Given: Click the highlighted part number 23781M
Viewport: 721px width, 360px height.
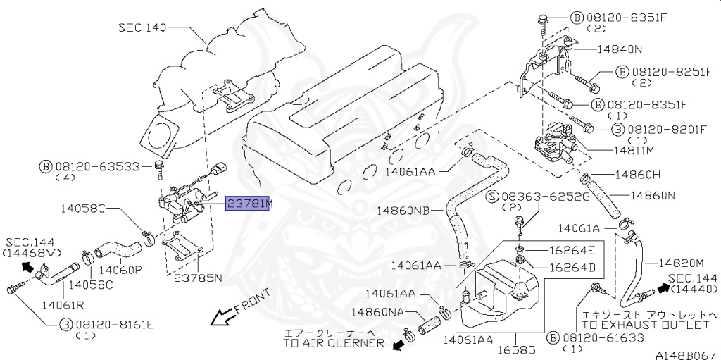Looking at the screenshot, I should [x=249, y=204].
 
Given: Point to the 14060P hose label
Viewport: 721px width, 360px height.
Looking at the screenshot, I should [x=120, y=269].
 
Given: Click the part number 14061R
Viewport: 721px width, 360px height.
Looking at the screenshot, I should [x=63, y=304].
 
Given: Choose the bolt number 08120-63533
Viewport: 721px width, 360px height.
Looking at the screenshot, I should [x=98, y=167].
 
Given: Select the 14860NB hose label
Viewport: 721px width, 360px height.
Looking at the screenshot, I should [x=402, y=210].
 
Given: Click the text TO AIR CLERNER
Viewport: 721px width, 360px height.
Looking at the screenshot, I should [x=334, y=343].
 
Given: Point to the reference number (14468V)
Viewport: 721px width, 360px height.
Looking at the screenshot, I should [x=32, y=252].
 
